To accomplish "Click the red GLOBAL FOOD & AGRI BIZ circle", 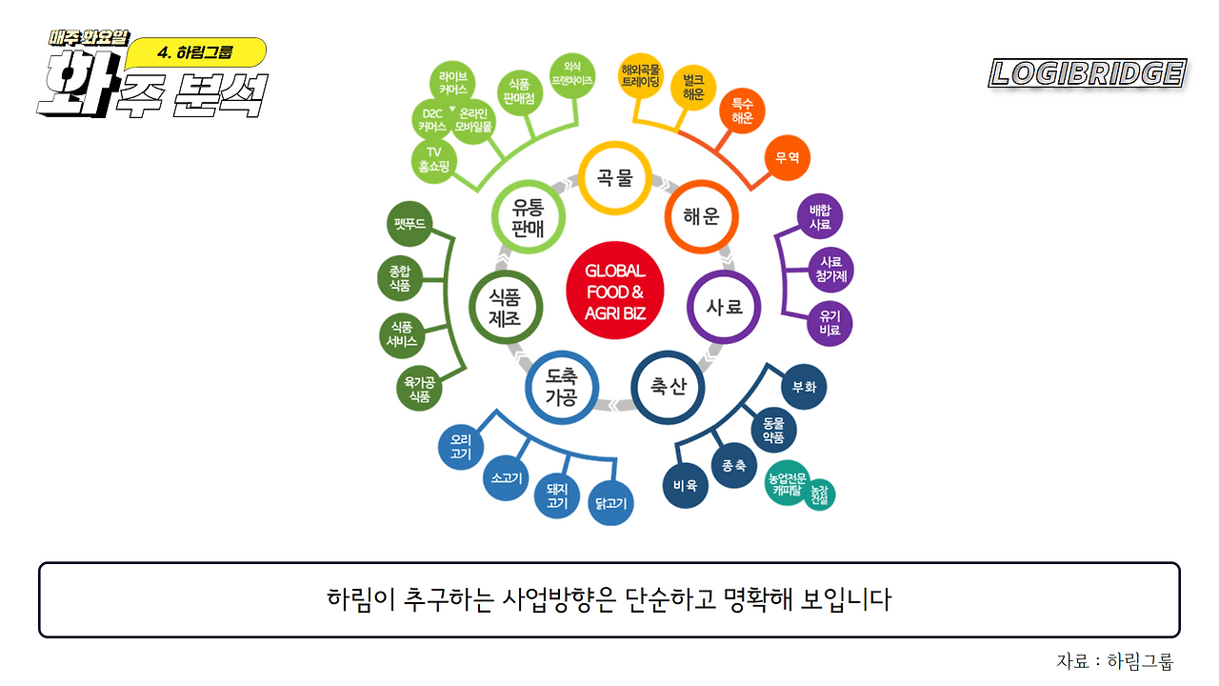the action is (615, 291).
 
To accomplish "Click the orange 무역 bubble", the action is (788, 158).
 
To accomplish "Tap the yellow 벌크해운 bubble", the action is (693, 88).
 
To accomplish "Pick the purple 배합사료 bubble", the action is (820, 216).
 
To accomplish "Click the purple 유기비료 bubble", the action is (829, 323).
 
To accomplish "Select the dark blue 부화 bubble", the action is (804, 387).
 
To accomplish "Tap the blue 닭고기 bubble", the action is (610, 503).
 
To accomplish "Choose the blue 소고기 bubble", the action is (506, 478).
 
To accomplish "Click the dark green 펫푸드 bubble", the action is (410, 224).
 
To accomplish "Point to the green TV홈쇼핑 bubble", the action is (433, 161).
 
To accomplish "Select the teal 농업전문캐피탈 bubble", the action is (787, 483).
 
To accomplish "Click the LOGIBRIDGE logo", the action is (1088, 73).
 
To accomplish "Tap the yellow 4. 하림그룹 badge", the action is (196, 52).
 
